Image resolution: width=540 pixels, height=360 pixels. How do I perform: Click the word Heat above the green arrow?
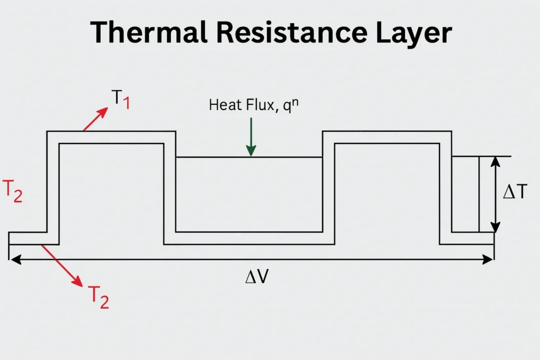click(223, 104)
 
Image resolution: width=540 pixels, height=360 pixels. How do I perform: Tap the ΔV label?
click(257, 277)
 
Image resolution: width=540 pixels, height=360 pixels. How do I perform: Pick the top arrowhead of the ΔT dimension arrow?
click(495, 162)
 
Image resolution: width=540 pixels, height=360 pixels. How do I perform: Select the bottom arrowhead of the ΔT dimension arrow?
click(495, 227)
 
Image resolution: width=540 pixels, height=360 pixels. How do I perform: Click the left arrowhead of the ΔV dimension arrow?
click(14, 259)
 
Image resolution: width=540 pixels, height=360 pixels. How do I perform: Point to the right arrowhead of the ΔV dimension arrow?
click(489, 259)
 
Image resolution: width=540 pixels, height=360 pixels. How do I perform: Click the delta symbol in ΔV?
click(251, 277)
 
